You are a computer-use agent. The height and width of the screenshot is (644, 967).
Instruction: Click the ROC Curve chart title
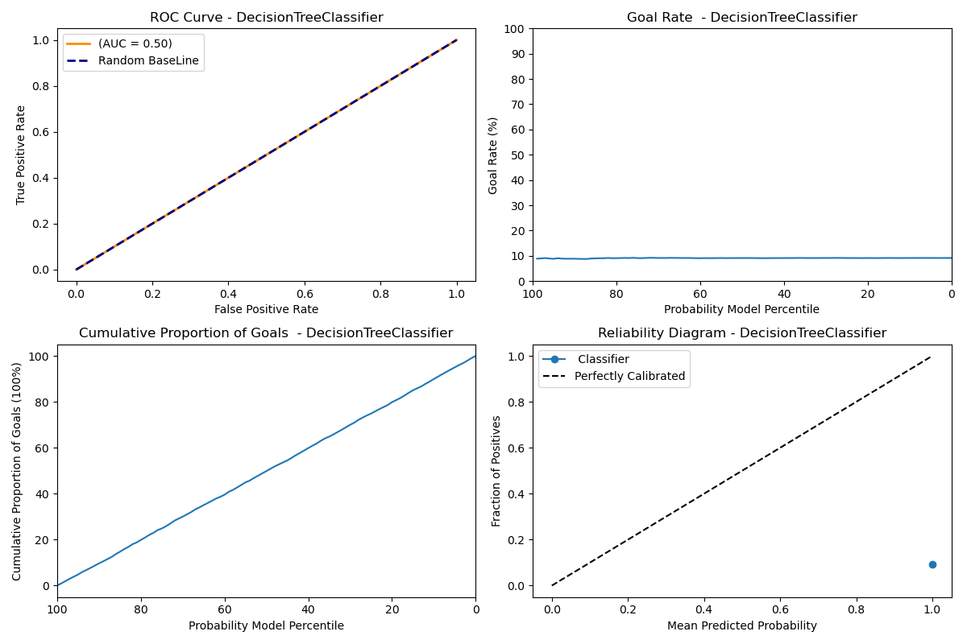pyautogui.click(x=266, y=18)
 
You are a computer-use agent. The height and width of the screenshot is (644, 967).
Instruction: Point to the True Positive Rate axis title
pyautogui.click(x=21, y=155)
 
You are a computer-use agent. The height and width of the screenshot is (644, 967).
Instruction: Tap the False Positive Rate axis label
pyautogui.click(x=266, y=309)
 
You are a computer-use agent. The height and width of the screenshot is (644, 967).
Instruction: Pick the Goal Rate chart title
pyautogui.click(x=741, y=18)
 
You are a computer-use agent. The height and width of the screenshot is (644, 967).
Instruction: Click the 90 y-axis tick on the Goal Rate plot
pyautogui.click(x=518, y=54)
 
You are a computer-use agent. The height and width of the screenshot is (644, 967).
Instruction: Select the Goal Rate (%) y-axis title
pyautogui.click(x=493, y=155)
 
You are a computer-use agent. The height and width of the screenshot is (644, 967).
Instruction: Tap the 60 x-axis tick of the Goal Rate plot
pyautogui.click(x=700, y=295)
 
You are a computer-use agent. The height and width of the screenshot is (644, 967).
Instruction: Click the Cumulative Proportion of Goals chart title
pyautogui.click(x=266, y=333)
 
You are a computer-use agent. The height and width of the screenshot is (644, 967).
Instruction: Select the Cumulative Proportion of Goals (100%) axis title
pyautogui.click(x=17, y=471)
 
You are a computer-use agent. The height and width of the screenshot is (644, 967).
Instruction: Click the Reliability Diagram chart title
pyautogui.click(x=741, y=333)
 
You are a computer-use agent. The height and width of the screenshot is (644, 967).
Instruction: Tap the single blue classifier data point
pyautogui.click(x=932, y=564)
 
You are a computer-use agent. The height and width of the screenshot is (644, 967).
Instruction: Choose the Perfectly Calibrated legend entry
pyautogui.click(x=629, y=376)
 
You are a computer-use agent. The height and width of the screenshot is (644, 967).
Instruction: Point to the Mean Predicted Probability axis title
pyautogui.click(x=741, y=625)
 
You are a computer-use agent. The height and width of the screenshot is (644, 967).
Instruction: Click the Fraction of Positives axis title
pyautogui.click(x=496, y=471)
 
